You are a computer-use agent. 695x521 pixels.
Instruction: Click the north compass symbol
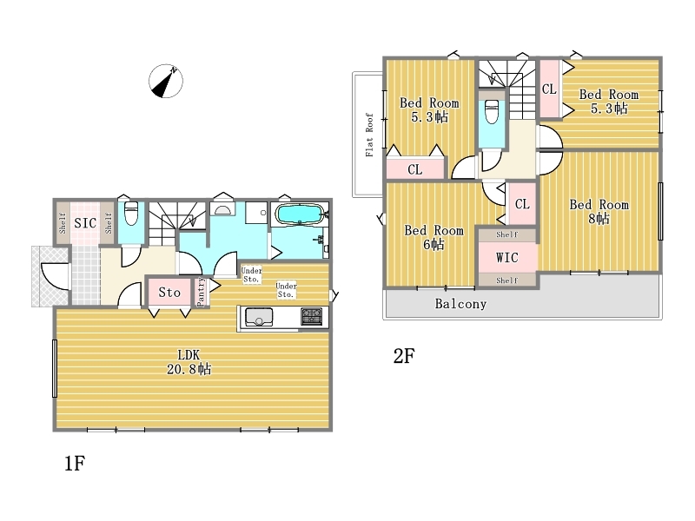pyautogui.click(x=166, y=81)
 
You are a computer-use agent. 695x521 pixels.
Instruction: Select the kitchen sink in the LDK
pyautogui.click(x=259, y=317)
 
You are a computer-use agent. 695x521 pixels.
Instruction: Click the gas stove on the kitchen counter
pyautogui.click(x=312, y=317)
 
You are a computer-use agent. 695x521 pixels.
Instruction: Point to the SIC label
pyautogui.click(x=85, y=223)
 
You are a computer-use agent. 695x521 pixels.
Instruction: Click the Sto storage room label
pyautogui.click(x=169, y=292)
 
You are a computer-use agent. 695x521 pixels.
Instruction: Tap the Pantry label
pyautogui.click(x=201, y=291)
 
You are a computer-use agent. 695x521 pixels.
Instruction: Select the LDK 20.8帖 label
pyautogui.click(x=189, y=362)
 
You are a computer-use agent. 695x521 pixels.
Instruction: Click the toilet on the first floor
pyautogui.click(x=131, y=213)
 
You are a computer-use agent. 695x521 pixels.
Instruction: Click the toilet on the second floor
pyautogui.click(x=492, y=111)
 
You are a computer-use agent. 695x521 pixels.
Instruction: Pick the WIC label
pyautogui.click(x=507, y=257)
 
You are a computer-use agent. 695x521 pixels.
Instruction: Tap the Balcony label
pyautogui.click(x=460, y=303)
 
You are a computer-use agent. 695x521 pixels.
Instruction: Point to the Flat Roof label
pyautogui.click(x=369, y=135)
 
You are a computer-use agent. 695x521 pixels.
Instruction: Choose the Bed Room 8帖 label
pyautogui.click(x=599, y=211)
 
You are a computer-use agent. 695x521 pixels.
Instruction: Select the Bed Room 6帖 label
pyautogui.click(x=434, y=237)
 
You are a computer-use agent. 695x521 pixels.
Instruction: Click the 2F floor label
pyautogui.click(x=404, y=356)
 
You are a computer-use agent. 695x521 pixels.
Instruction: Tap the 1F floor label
pyautogui.click(x=75, y=464)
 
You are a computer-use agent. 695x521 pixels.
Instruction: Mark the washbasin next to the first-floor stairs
pyautogui.click(x=222, y=209)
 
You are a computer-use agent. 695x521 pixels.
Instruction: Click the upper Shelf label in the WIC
pyautogui.click(x=506, y=234)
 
